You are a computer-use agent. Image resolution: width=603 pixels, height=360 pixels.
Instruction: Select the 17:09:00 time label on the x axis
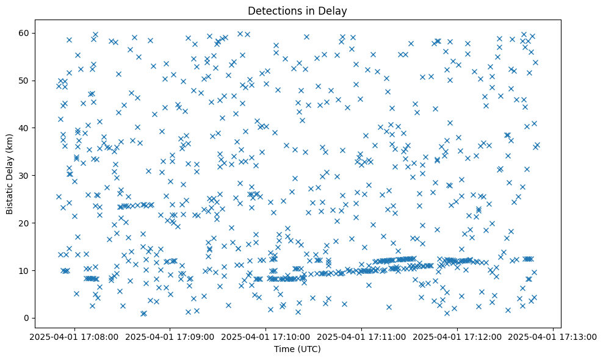tap(170, 336)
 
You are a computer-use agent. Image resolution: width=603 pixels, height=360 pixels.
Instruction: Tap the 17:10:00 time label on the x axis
tap(266, 336)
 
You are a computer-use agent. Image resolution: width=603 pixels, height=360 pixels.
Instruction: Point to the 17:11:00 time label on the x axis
tap(362, 336)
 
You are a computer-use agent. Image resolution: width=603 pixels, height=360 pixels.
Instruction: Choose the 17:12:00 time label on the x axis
tap(458, 336)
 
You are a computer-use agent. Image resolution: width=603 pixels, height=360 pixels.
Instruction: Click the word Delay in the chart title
tap(334, 10)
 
